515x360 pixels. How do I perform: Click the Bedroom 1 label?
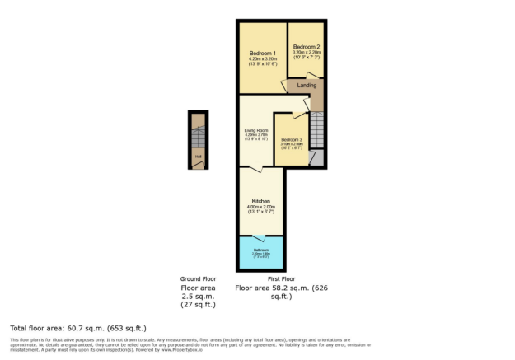pyautogui.click(x=263, y=54)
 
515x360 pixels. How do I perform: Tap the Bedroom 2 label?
pyautogui.click(x=307, y=46)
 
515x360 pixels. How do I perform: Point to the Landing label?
pyautogui.click(x=307, y=85)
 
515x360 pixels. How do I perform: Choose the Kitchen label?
pyautogui.click(x=261, y=201)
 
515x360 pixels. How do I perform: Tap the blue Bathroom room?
pyautogui.click(x=261, y=253)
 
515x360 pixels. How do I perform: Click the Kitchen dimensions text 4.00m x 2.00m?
pyautogui.click(x=261, y=208)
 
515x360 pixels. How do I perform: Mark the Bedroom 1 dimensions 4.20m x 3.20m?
pyautogui.click(x=263, y=60)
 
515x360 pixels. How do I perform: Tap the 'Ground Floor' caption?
pyautogui.click(x=198, y=279)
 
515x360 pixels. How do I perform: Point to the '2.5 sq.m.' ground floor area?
pyautogui.click(x=198, y=296)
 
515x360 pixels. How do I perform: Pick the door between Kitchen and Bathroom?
pyautogui.click(x=261, y=236)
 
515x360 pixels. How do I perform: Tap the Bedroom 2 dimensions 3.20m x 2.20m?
pyautogui.click(x=307, y=53)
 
